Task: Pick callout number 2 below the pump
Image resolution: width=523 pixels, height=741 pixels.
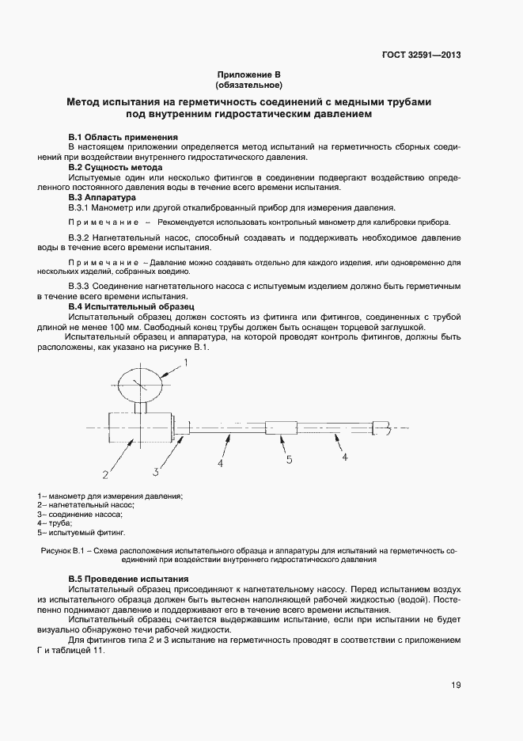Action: click(x=104, y=475)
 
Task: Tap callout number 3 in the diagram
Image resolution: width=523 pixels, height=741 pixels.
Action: click(x=157, y=473)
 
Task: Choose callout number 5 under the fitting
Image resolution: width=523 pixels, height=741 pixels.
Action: click(x=289, y=459)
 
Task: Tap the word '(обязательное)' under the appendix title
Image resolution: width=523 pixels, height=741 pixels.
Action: click(x=248, y=84)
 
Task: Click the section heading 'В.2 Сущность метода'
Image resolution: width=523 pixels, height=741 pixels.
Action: click(x=116, y=167)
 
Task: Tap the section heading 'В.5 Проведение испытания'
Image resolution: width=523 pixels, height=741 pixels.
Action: click(x=128, y=579)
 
